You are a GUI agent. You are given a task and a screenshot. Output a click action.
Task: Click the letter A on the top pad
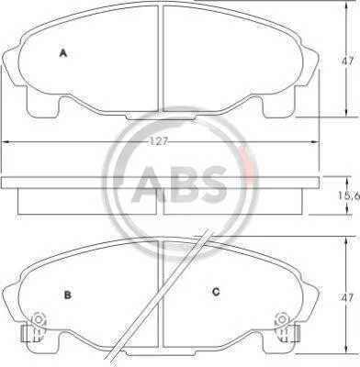(x=63, y=53)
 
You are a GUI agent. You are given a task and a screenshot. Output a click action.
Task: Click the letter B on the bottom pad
(x=68, y=295)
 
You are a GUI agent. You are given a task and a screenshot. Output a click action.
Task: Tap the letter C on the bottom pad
(x=216, y=292)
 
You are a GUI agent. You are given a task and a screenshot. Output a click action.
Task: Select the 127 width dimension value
(x=159, y=141)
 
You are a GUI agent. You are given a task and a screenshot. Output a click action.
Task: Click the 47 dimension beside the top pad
(x=347, y=61)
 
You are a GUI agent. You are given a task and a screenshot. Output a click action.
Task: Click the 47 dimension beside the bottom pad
(x=347, y=297)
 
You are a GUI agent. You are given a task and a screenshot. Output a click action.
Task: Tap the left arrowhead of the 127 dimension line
(x=6, y=142)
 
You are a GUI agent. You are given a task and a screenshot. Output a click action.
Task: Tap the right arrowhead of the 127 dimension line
(x=315, y=141)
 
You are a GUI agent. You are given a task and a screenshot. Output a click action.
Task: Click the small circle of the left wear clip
(x=39, y=319)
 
